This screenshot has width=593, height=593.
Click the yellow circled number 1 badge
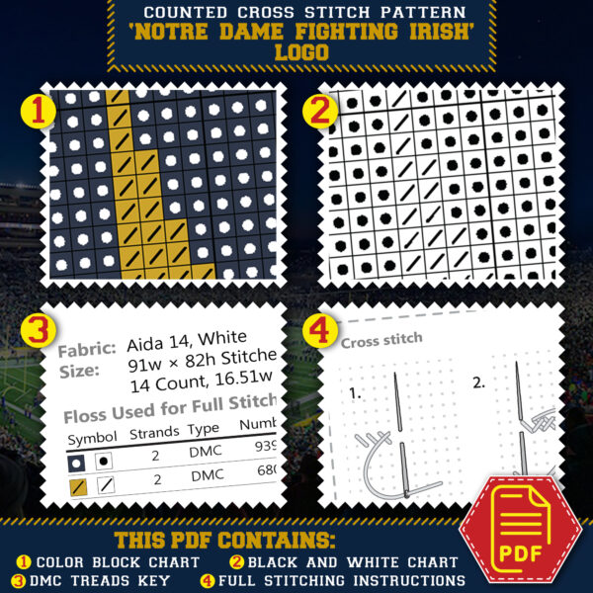pos(39,112)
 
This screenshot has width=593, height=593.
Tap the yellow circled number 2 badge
pos(319,112)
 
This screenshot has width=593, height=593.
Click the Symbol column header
pos(92,436)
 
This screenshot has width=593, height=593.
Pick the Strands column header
pos(153,433)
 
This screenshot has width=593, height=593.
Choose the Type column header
pos(204,429)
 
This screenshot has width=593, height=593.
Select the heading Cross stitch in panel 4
pos(381,339)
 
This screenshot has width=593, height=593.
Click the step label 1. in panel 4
pos(357,392)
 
